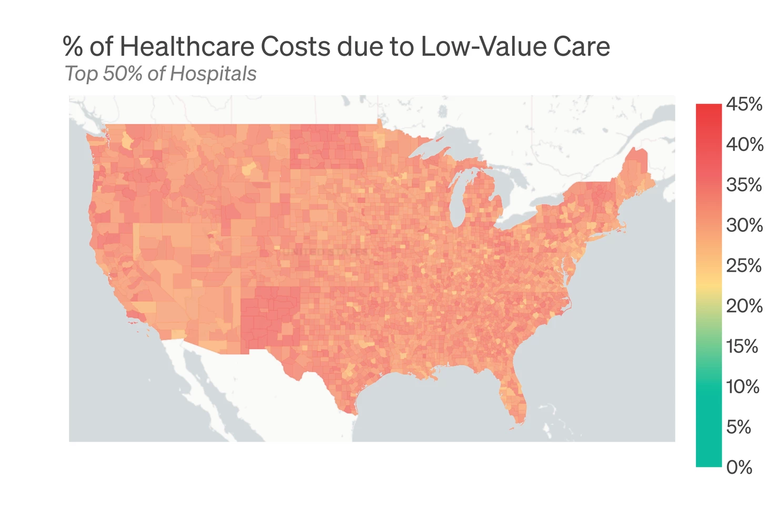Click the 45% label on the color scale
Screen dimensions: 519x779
[x=744, y=104]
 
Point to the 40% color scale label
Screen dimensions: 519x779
[x=744, y=144]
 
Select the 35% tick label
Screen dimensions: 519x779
[x=744, y=185]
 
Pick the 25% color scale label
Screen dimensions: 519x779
[x=744, y=266]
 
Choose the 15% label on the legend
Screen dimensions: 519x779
[x=742, y=346]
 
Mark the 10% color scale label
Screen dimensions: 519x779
[x=743, y=386]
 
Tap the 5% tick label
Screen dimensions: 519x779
[x=738, y=427]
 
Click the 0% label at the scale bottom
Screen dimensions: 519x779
[x=739, y=467]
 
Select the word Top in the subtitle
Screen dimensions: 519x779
[x=81, y=74]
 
